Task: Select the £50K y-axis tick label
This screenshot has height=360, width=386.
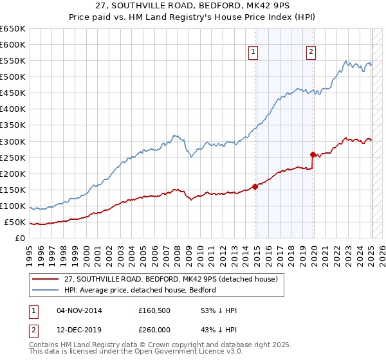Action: click(x=15, y=222)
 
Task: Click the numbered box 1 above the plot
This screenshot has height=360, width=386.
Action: click(x=253, y=53)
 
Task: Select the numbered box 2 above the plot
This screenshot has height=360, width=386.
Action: click(x=311, y=53)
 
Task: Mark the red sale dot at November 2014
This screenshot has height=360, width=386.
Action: click(x=255, y=186)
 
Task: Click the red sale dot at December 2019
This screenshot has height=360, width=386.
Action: click(x=313, y=154)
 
